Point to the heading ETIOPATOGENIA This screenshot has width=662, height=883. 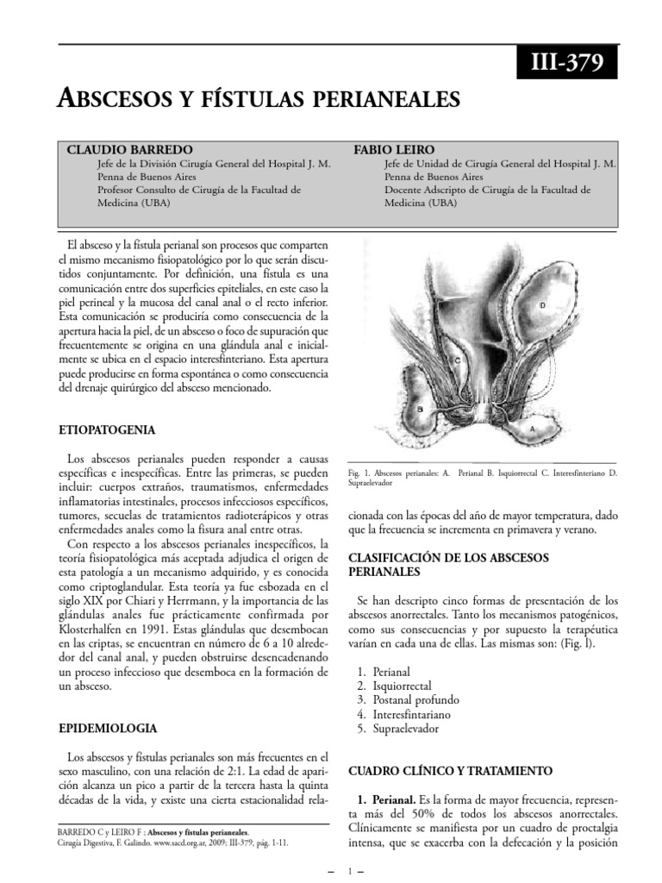tap(107, 429)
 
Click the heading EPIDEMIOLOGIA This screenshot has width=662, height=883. tap(107, 728)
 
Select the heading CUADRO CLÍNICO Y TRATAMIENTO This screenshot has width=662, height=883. tap(449, 770)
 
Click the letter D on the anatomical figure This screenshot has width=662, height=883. tap(542, 306)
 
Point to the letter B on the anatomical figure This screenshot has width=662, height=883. tap(420, 408)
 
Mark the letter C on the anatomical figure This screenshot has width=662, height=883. tap(457, 359)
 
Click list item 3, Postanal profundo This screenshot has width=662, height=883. tap(411, 699)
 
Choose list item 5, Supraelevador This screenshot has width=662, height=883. tap(406, 729)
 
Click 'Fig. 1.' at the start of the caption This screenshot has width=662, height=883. tap(358, 473)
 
